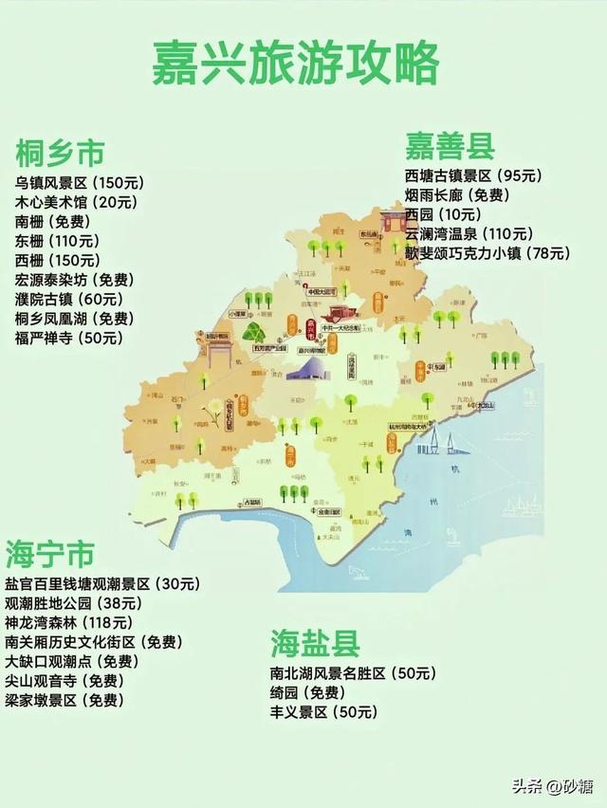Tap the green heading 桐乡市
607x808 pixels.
point(59,152)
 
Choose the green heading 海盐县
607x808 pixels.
point(315,644)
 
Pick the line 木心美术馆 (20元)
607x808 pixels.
point(76,202)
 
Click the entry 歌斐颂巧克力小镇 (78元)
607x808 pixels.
point(487,253)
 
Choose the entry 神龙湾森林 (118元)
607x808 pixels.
point(69,622)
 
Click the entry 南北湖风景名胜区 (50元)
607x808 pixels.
point(353,673)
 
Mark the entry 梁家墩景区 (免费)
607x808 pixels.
point(64,701)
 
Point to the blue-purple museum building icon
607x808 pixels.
point(305,368)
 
